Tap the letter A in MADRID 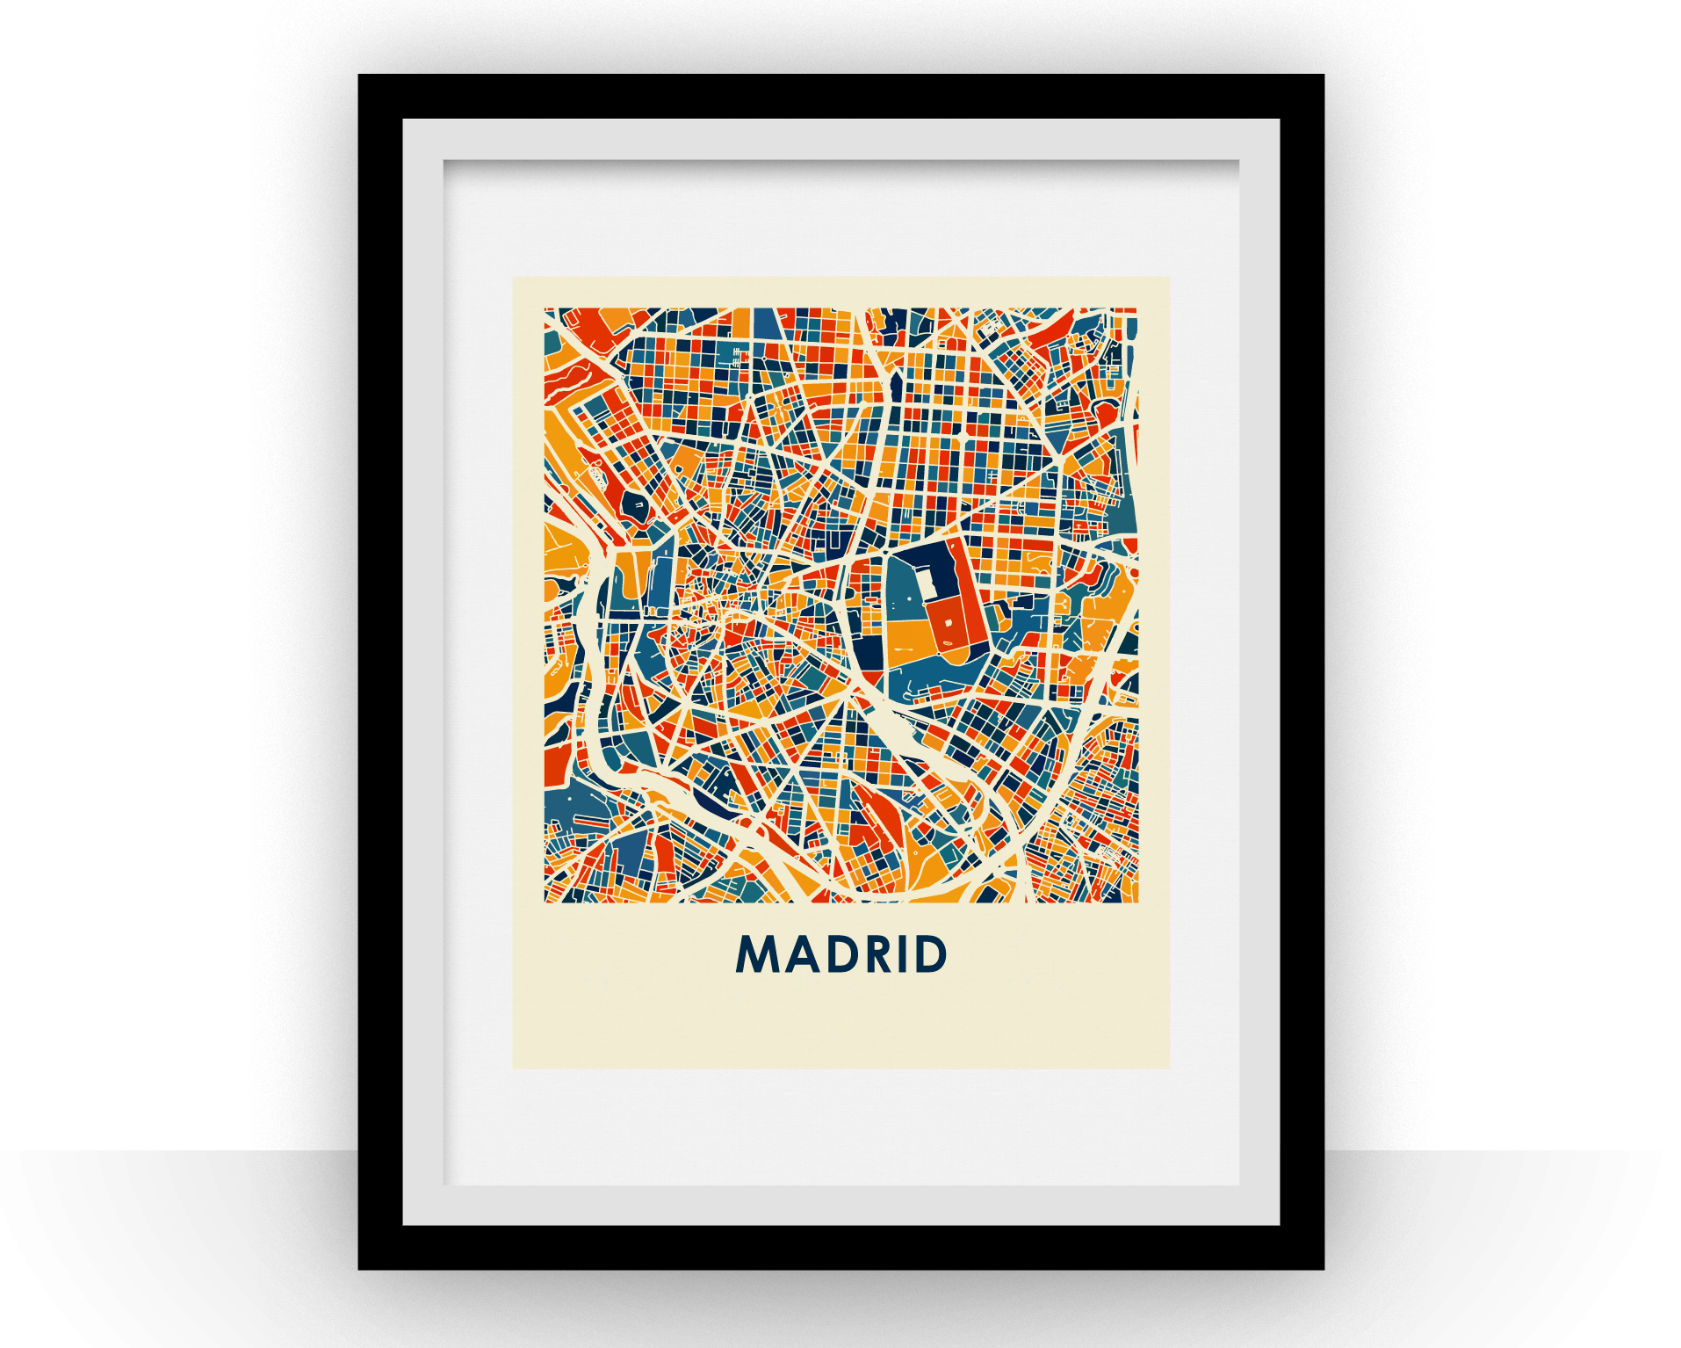802,954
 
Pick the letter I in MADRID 908,954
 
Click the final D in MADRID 932,954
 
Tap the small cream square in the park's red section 949,622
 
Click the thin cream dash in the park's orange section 904,650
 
